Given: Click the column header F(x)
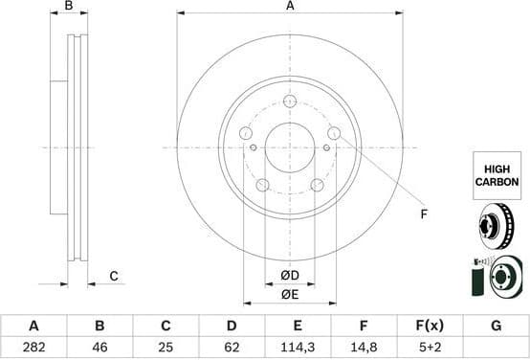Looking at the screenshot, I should pos(429,326).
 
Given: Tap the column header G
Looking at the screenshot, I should pos(496,326).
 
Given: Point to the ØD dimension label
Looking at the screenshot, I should pos(290,275).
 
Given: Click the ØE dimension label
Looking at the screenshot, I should pos(290,293).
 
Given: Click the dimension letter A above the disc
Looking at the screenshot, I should pos(290,6).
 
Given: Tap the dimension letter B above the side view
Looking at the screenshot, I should pos(68,6).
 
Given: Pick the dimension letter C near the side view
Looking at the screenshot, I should pos(113,276).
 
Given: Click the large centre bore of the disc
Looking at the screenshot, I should pos(290,147).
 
